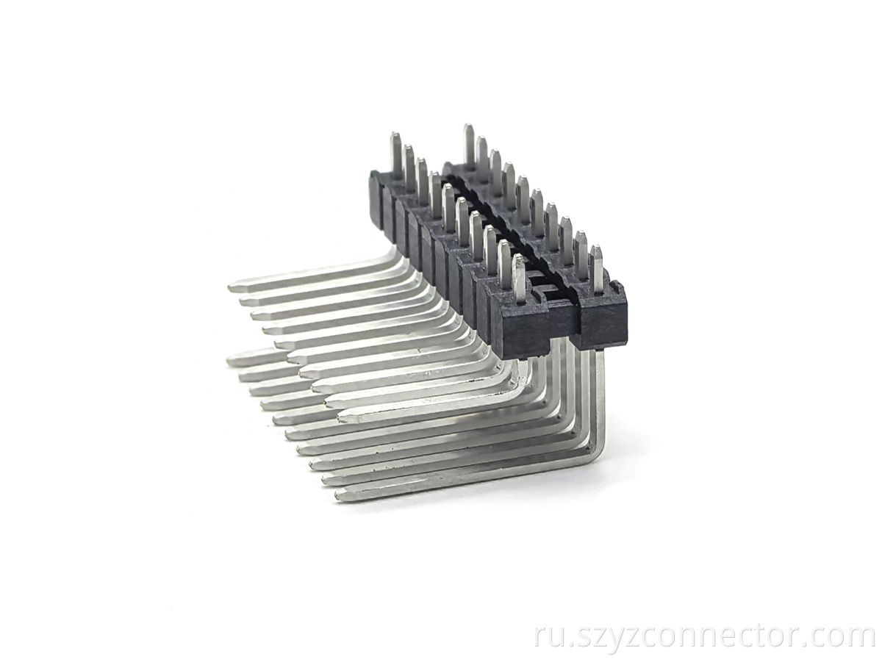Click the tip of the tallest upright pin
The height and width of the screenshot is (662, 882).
click(467, 126)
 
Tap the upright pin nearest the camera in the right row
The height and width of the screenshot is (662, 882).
click(597, 266)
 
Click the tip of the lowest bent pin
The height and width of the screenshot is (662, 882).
click(338, 498)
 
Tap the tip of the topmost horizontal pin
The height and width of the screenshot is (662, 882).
click(230, 287)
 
